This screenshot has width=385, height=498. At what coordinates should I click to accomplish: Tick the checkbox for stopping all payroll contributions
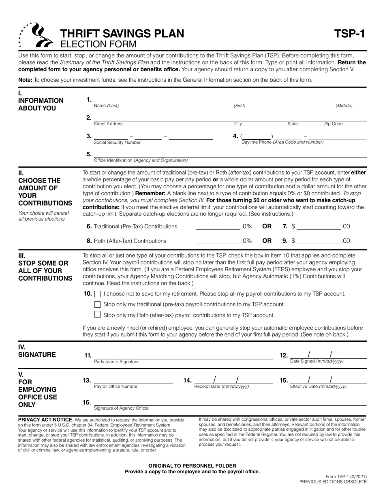pos(97,294)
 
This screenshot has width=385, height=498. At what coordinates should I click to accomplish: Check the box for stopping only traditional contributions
pos(97,304)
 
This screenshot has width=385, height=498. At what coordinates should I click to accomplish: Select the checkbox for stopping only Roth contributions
pos(97,315)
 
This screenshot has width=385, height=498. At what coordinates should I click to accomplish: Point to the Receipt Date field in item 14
pos(233,380)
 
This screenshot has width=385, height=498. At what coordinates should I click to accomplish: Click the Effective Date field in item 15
pos(328,380)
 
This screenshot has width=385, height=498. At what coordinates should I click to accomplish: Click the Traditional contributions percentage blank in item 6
pos(218,226)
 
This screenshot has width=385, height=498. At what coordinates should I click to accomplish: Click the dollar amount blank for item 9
pos(319,241)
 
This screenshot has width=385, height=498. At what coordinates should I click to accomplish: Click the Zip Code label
pos(333,124)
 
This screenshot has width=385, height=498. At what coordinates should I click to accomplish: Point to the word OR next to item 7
pos(267,226)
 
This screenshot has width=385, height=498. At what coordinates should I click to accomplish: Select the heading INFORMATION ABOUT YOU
pos(41,104)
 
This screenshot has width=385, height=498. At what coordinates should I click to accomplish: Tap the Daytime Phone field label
pos(282,142)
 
